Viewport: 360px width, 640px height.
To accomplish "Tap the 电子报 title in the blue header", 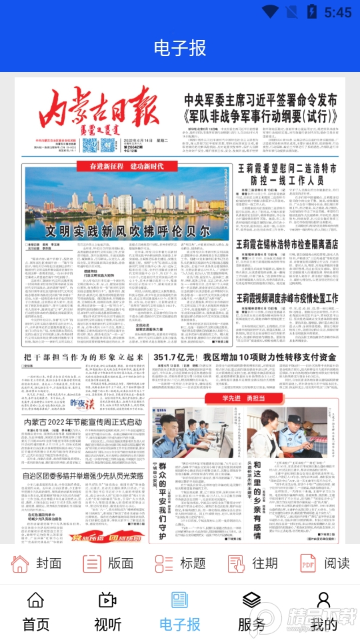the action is point(180,48).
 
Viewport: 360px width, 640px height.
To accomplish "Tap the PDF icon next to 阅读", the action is point(307,563).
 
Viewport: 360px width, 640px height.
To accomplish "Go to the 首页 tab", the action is point(36,612).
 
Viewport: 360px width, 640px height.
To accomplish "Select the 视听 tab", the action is point(108,612).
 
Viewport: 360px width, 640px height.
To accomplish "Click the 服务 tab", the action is point(251,612).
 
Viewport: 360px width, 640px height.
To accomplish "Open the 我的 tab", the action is point(324,612).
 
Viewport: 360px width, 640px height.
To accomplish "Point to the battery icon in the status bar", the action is point(311,11).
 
